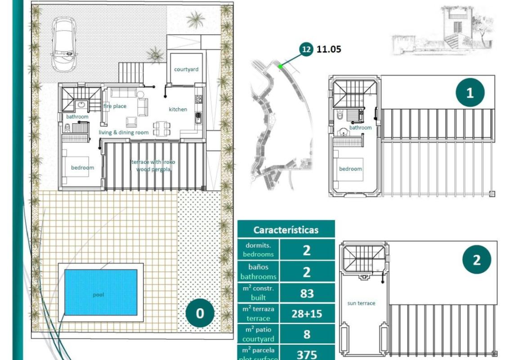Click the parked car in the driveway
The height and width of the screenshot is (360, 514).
[63, 44]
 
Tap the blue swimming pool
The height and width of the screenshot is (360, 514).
[101, 292]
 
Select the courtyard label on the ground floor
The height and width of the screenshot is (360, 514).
[186, 69]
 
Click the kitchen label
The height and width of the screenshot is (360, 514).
[178, 109]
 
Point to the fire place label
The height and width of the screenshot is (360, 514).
[115, 106]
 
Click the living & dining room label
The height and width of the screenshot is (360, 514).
[124, 132]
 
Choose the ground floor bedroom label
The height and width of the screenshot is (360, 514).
[83, 168]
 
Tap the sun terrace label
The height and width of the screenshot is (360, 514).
[361, 303]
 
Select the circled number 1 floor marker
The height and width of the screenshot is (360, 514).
[470, 93]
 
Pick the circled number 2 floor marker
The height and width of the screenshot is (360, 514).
[476, 260]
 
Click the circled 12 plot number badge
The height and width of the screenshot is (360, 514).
[306, 49]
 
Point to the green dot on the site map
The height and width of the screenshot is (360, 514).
[280, 67]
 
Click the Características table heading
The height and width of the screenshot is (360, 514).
[286, 230]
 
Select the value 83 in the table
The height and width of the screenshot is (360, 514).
[307, 293]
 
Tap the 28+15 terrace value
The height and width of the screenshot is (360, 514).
[307, 314]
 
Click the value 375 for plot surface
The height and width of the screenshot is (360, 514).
[307, 354]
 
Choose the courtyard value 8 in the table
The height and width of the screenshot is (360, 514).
[307, 334]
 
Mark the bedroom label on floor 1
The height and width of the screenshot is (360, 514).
[350, 169]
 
